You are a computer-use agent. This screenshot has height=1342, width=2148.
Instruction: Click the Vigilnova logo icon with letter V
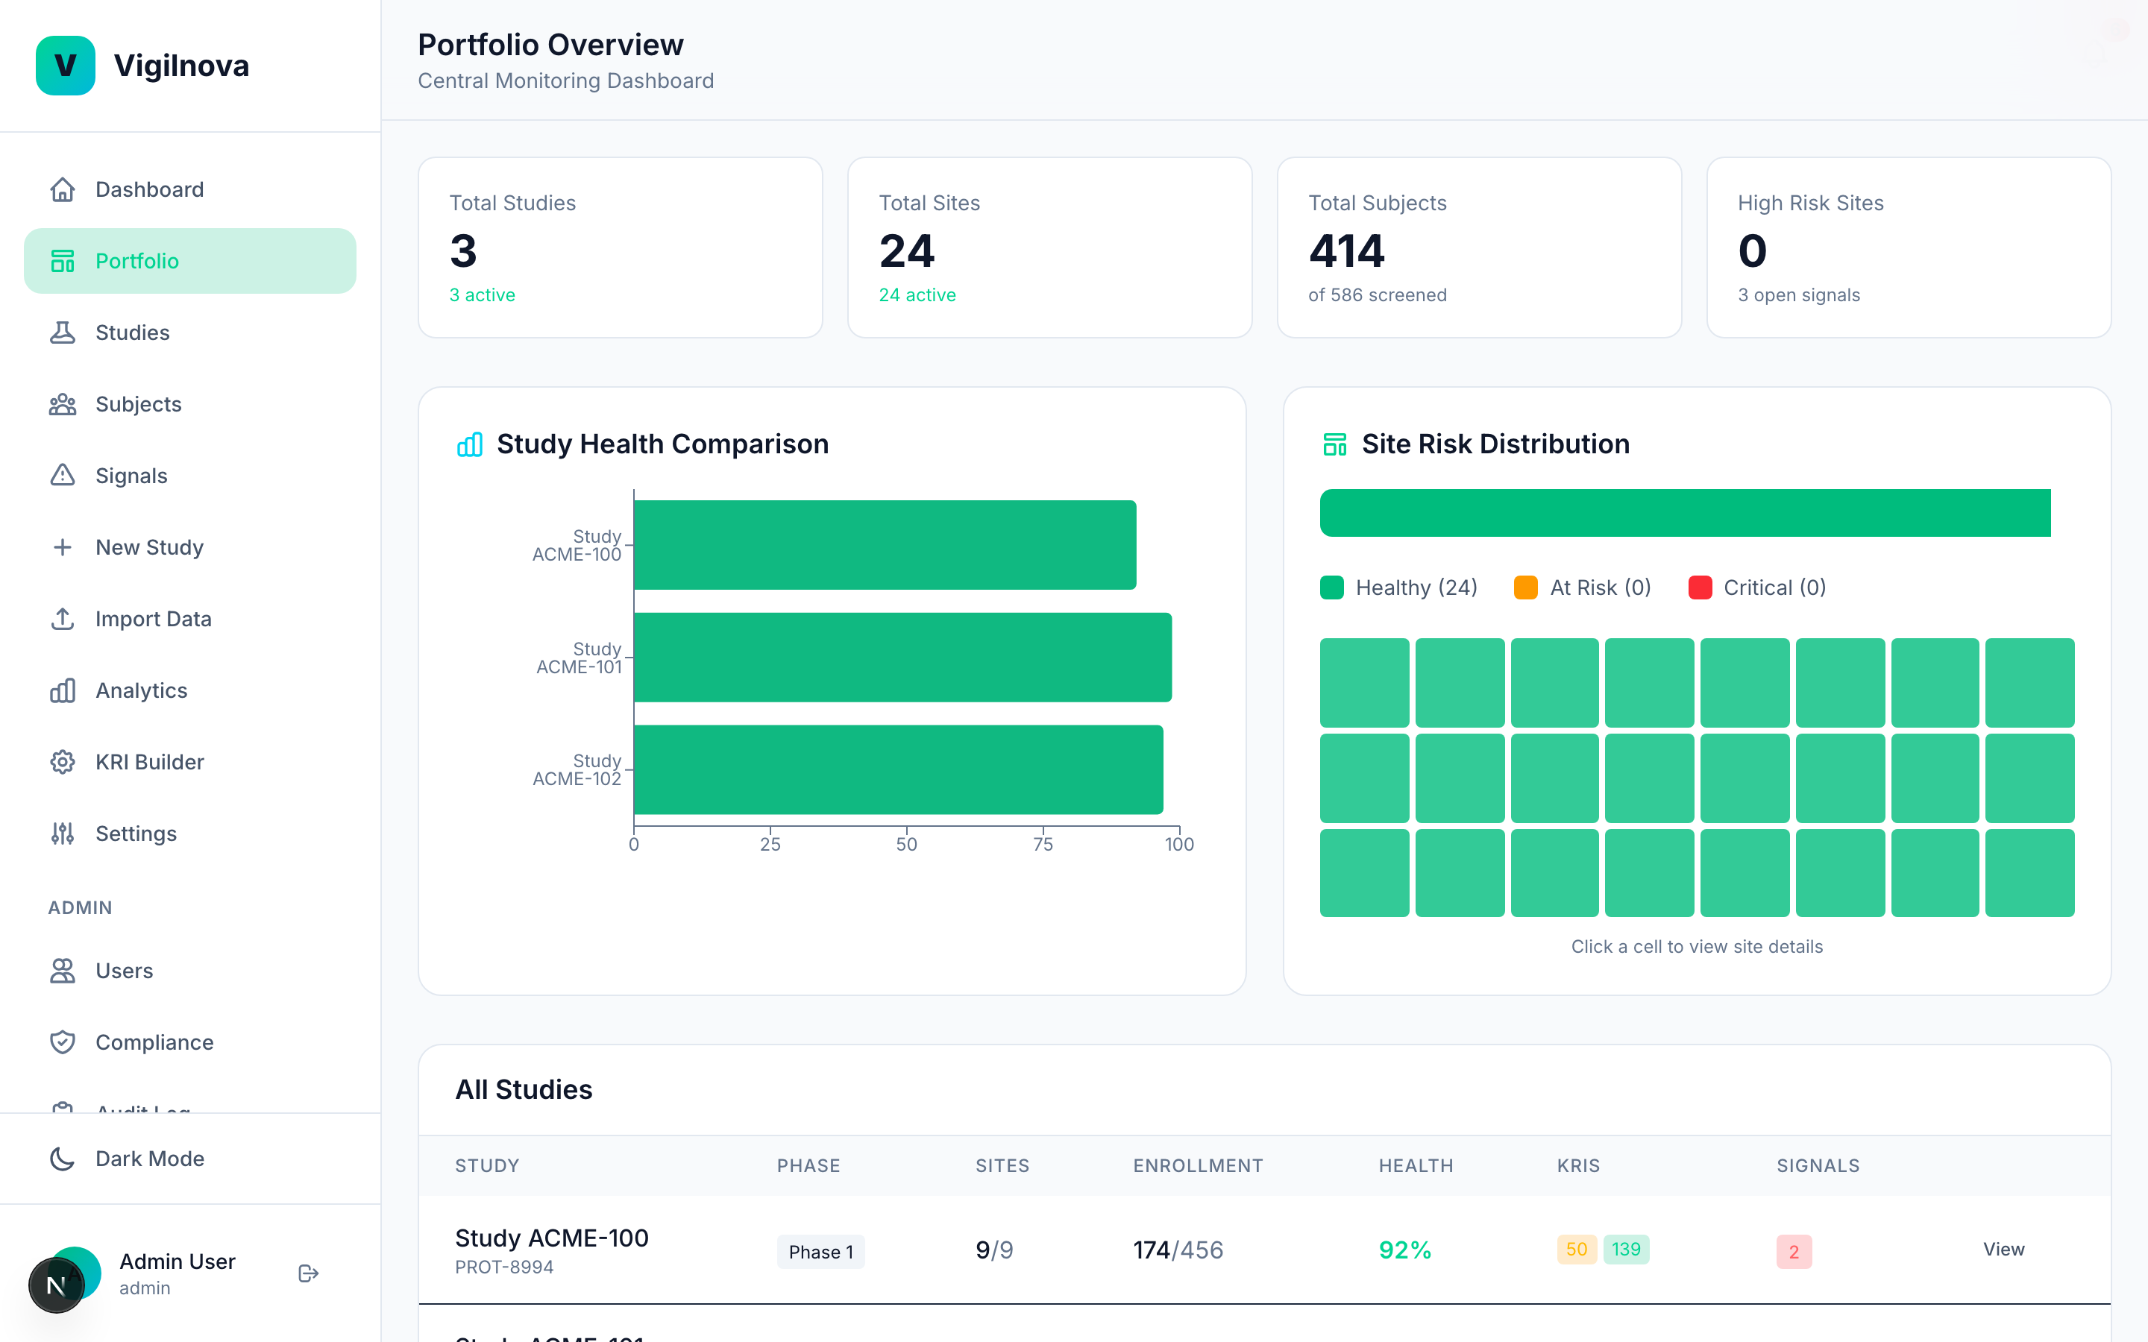pyautogui.click(x=65, y=66)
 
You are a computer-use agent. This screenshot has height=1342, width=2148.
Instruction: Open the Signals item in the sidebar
pyautogui.click(x=131, y=476)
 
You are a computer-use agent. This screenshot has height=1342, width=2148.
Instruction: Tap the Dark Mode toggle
pyautogui.click(x=149, y=1159)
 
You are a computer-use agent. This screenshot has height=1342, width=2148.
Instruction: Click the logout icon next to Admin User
pyautogui.click(x=308, y=1273)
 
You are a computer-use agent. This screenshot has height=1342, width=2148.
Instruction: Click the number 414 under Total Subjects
pyautogui.click(x=1345, y=251)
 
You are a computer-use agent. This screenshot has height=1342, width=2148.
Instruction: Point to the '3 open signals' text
pyautogui.click(x=1798, y=295)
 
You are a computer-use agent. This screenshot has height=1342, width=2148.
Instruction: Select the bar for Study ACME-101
pyautogui.click(x=902, y=657)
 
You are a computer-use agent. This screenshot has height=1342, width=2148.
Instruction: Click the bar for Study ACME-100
pyautogui.click(x=884, y=545)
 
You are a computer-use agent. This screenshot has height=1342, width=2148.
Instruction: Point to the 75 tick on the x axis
pyautogui.click(x=1043, y=844)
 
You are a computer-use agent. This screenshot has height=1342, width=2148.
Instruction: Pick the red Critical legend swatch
pyautogui.click(x=1700, y=587)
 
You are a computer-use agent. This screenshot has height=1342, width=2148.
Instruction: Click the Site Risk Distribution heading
pyautogui.click(x=1495, y=444)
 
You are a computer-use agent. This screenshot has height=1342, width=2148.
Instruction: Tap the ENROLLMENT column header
pyautogui.click(x=1197, y=1165)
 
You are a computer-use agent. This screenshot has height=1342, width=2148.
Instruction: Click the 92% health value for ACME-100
pyautogui.click(x=1404, y=1250)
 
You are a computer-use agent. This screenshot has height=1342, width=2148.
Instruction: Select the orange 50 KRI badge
pyautogui.click(x=1575, y=1250)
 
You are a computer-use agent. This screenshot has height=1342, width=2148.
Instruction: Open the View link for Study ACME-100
pyautogui.click(x=2003, y=1250)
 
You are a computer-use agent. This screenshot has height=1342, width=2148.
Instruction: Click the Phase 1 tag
pyautogui.click(x=820, y=1252)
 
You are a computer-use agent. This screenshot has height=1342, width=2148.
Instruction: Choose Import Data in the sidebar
pyautogui.click(x=153, y=619)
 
